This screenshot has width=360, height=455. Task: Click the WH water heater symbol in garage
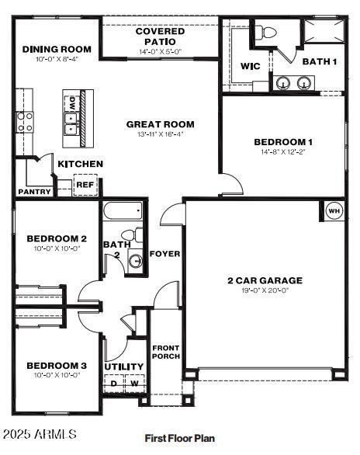click(334, 210)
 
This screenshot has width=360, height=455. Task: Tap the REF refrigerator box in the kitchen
click(85, 186)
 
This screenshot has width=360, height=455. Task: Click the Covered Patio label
click(160, 36)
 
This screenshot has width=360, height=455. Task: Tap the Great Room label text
click(160, 124)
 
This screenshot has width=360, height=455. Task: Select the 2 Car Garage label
click(265, 280)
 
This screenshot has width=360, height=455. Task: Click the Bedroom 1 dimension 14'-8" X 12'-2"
click(283, 152)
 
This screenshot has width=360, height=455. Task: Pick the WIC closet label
click(250, 67)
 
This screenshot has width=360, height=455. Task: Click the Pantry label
click(34, 191)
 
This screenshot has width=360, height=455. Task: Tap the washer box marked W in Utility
click(133, 383)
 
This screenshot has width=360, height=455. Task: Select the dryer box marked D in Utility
click(114, 383)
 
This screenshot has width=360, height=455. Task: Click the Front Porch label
click(166, 352)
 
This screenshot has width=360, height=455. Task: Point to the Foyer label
click(164, 253)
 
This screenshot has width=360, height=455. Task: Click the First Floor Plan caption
click(179, 439)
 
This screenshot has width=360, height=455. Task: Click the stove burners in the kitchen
click(25, 122)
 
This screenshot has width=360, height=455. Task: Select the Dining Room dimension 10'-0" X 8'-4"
click(50, 59)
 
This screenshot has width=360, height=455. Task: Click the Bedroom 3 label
click(56, 366)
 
